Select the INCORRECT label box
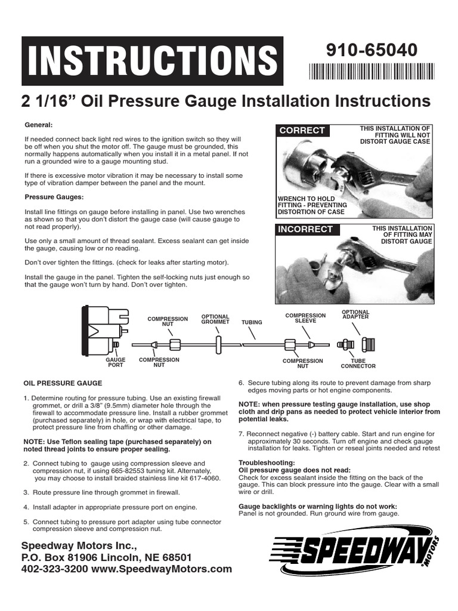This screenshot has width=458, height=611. point(305,230)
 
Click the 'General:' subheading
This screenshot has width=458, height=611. point(39,125)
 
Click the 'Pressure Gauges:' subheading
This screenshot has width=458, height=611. point(54,196)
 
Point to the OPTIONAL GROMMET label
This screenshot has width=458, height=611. point(215,319)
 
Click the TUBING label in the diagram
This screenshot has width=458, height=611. point(252,322)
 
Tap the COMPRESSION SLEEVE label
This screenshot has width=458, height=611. point(305,318)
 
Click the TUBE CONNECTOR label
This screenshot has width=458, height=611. point(358,363)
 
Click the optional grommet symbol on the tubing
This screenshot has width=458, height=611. point(219,345)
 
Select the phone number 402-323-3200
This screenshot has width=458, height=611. point(55,569)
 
